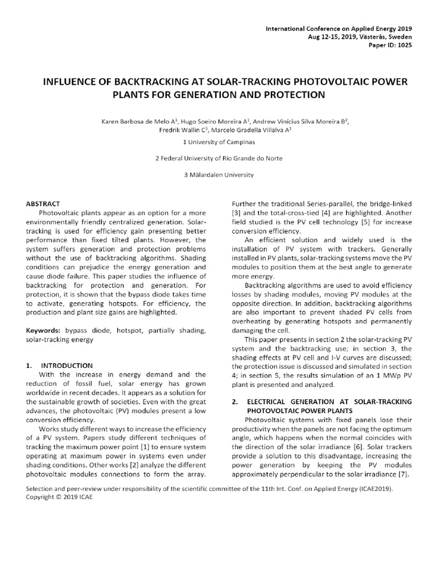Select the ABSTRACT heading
pyautogui.click(x=44, y=203)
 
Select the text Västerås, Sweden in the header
pyautogui.click(x=386, y=36)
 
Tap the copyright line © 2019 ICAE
pyautogui.click(x=66, y=496)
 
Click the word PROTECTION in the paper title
pyautogui.click(x=295, y=95)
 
